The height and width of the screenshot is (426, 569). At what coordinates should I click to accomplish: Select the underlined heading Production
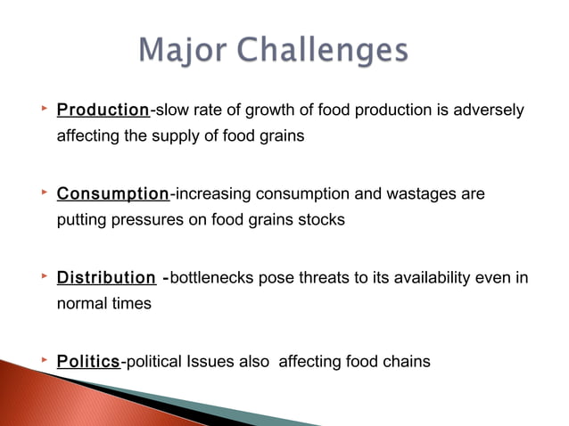(x=103, y=111)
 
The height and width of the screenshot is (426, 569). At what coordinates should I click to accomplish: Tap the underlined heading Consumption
(x=112, y=193)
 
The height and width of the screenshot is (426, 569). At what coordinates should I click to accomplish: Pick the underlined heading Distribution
(x=106, y=277)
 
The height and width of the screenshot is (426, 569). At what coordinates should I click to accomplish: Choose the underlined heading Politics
(x=88, y=361)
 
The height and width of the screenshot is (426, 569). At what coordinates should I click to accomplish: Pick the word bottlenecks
(x=210, y=277)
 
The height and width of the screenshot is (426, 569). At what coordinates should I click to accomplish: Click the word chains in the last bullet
(x=408, y=361)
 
